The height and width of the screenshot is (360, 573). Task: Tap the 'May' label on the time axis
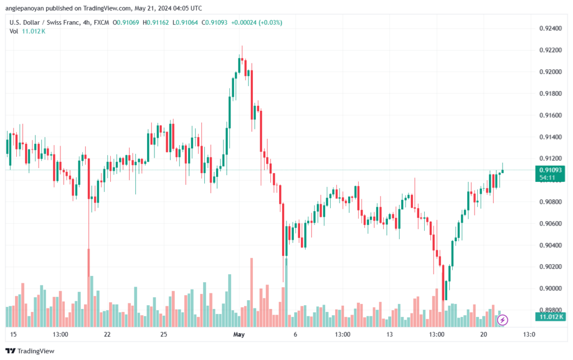[x=239, y=335]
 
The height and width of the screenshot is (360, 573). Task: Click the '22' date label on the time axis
[x=107, y=335]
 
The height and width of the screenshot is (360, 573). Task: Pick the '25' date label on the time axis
[x=163, y=335]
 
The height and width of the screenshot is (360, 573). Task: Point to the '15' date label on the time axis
[x=13, y=335]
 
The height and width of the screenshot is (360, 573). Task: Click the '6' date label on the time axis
[x=295, y=335]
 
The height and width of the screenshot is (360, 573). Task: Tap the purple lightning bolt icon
[x=502, y=320]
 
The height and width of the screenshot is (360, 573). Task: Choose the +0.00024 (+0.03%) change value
[x=257, y=22]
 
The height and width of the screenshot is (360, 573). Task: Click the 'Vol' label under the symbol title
[x=14, y=31]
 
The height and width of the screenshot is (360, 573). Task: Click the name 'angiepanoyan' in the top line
[x=25, y=8]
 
